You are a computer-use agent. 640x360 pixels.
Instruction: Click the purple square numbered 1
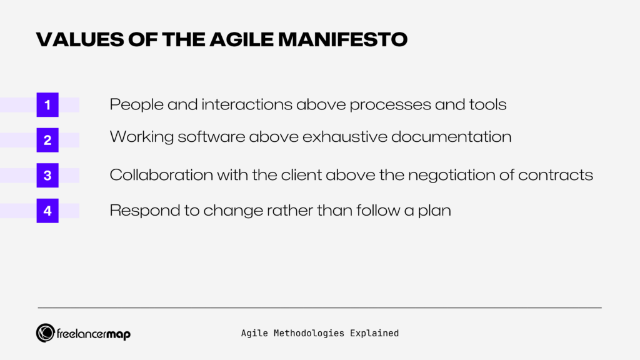47,105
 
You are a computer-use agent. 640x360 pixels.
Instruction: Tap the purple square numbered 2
47,141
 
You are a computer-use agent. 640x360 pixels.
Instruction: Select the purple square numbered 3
47,176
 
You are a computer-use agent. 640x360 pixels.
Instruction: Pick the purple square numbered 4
47,211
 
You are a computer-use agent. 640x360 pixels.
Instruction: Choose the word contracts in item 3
559,175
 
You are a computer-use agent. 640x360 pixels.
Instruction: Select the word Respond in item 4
136,211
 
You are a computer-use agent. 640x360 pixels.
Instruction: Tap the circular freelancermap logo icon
45,333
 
